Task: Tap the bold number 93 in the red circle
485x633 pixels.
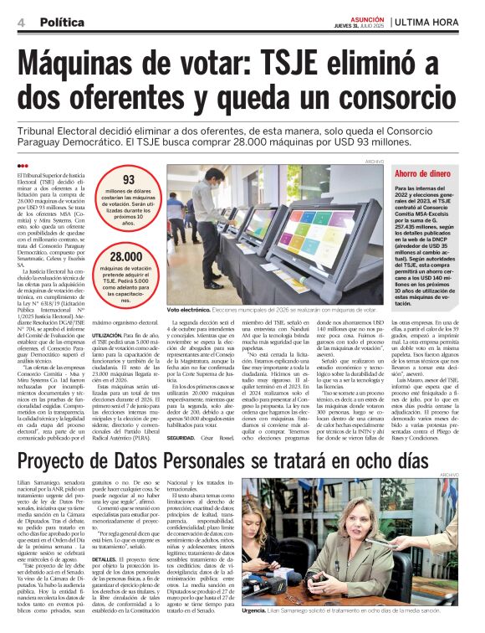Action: (128, 180)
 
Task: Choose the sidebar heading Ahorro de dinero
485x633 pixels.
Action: (423, 173)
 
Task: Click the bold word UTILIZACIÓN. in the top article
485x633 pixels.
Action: (109, 333)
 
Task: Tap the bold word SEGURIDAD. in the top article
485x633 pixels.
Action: (184, 438)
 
